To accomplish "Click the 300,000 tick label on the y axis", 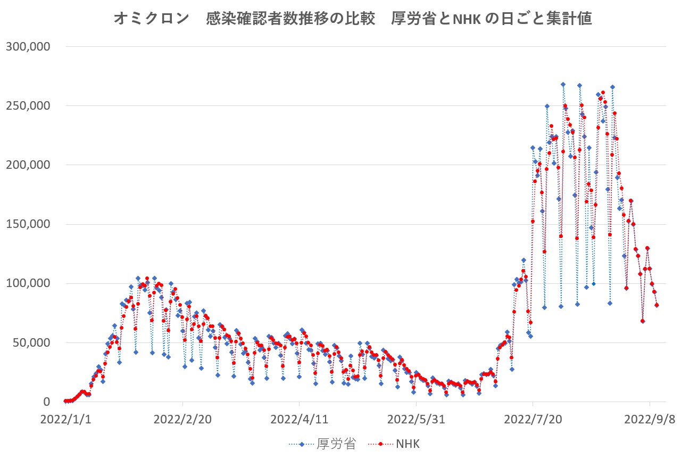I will point(28,46).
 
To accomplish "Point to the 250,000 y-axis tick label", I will point(28,105).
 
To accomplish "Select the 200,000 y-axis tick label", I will point(28,165).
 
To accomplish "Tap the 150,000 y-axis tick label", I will point(28,224).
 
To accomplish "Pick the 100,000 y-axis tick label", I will point(28,283).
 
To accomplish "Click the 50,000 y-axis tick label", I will point(31,342).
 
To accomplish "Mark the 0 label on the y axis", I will point(46,402).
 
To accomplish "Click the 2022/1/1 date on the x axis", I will point(65,419).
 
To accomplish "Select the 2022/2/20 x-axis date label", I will point(182,419).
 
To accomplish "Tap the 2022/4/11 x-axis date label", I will point(299,419).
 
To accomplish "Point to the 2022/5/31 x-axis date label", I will point(416,419).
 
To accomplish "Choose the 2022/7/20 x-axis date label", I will point(533,419).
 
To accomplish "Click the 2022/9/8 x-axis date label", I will point(650,419).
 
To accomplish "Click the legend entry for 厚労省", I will point(336,444).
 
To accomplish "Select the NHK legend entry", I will point(408,444).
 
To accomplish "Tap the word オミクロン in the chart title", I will point(152,19).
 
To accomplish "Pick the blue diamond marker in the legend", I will point(302,444).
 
